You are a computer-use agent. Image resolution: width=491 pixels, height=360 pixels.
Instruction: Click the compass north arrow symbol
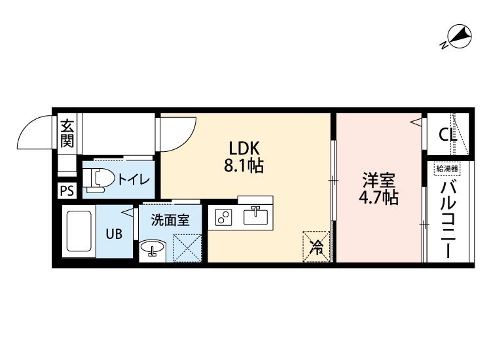coord(458,37)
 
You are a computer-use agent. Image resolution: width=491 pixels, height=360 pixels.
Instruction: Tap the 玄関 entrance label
coord(67,133)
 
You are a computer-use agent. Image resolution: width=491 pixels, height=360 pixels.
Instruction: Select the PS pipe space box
coord(67,190)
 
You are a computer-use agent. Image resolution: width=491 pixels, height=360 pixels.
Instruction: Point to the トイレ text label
coord(134,180)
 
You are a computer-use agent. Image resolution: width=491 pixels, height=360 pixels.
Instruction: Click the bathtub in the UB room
coord(79,231)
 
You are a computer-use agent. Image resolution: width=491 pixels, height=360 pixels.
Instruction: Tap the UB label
coord(114,234)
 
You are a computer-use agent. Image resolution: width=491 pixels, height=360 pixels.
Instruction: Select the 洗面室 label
coord(170,220)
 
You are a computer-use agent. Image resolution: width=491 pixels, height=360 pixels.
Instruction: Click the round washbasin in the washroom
coord(153,247)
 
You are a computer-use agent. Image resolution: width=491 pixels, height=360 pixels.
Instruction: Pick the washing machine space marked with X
coord(187,248)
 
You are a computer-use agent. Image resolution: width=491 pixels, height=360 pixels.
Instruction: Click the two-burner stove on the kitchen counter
coord(224,217)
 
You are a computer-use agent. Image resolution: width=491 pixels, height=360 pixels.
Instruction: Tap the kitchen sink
coord(256,216)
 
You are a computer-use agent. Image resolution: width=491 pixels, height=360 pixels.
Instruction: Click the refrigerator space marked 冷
coord(316,246)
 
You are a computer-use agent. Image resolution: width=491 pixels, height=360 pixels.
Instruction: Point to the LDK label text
coord(244,149)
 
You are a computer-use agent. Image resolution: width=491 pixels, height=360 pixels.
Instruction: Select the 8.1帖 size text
coord(244,166)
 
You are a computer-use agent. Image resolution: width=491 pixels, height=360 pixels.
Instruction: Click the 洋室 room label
coord(378,180)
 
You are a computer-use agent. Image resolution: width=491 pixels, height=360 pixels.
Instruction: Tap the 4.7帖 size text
coord(378,198)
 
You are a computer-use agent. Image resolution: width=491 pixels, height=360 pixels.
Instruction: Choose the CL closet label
coord(448,135)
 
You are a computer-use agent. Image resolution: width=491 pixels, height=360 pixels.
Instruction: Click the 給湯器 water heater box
coord(447,169)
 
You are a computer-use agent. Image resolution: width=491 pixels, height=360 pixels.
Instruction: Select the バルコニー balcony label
coord(448,221)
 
